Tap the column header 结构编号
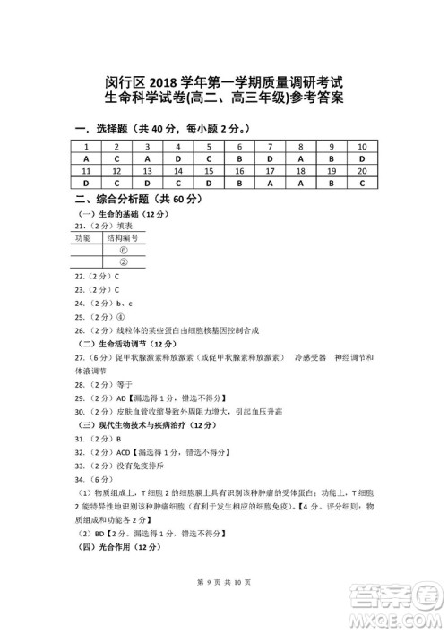(123, 240)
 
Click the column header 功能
(83, 240)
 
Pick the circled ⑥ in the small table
(123, 252)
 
